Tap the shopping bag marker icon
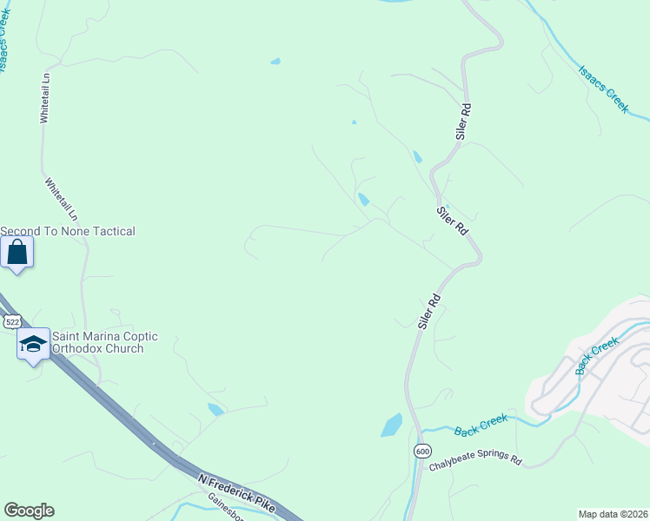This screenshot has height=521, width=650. [17, 253]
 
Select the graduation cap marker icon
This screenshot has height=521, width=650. [33, 344]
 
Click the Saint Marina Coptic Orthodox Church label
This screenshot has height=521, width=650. [96, 342]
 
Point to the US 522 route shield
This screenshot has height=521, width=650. [12, 321]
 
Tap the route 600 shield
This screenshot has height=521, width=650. [422, 452]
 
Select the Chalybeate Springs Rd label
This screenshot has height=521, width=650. [475, 462]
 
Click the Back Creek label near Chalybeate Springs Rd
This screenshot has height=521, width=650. [480, 425]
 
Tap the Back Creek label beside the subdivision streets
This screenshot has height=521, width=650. [597, 356]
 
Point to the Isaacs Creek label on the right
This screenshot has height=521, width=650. [603, 89]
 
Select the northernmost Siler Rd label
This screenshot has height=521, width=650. [464, 122]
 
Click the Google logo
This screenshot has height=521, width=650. [29, 511]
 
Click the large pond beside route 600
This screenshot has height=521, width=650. [391, 425]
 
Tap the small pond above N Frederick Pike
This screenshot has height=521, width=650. [216, 409]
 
